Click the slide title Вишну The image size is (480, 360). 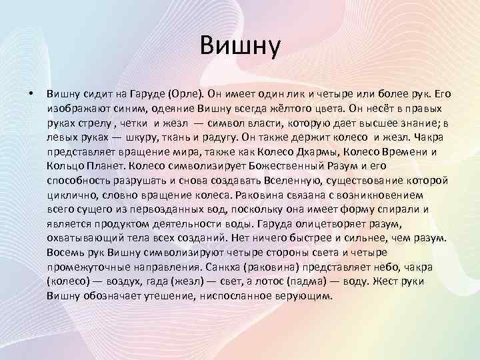tap(240, 48)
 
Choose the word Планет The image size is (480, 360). tap(105, 167)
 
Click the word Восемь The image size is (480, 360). tap(67, 253)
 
